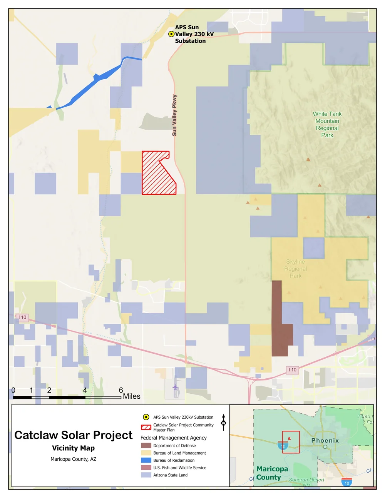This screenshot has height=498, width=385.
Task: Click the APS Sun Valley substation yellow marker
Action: [171, 34]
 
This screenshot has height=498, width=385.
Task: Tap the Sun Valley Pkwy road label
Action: [174, 115]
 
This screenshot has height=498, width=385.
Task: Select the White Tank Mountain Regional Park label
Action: [327, 124]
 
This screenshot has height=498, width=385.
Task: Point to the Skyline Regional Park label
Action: [296, 269]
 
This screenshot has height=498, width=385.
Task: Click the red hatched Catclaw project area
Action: [156, 175]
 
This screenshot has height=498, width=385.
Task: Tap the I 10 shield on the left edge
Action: [23, 318]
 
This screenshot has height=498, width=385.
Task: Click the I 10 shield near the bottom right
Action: [293, 370]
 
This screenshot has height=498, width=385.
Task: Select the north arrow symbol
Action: [223, 422]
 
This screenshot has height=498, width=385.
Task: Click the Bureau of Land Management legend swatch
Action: [146, 453]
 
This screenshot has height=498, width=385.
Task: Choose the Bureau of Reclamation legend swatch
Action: [146, 460]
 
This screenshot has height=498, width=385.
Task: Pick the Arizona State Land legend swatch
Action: [146, 475]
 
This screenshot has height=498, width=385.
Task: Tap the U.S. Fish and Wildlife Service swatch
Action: [146, 468]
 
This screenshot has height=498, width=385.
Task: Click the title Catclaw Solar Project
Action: [73, 435]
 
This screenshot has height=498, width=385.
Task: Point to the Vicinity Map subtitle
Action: [73, 448]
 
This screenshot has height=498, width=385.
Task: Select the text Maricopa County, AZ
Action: [73, 459]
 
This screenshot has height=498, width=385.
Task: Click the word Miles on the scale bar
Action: [132, 396]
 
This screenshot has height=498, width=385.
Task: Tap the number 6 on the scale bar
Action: [121, 390]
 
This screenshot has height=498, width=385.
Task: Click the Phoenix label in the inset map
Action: [325, 440]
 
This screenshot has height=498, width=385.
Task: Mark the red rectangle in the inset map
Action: [291, 442]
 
